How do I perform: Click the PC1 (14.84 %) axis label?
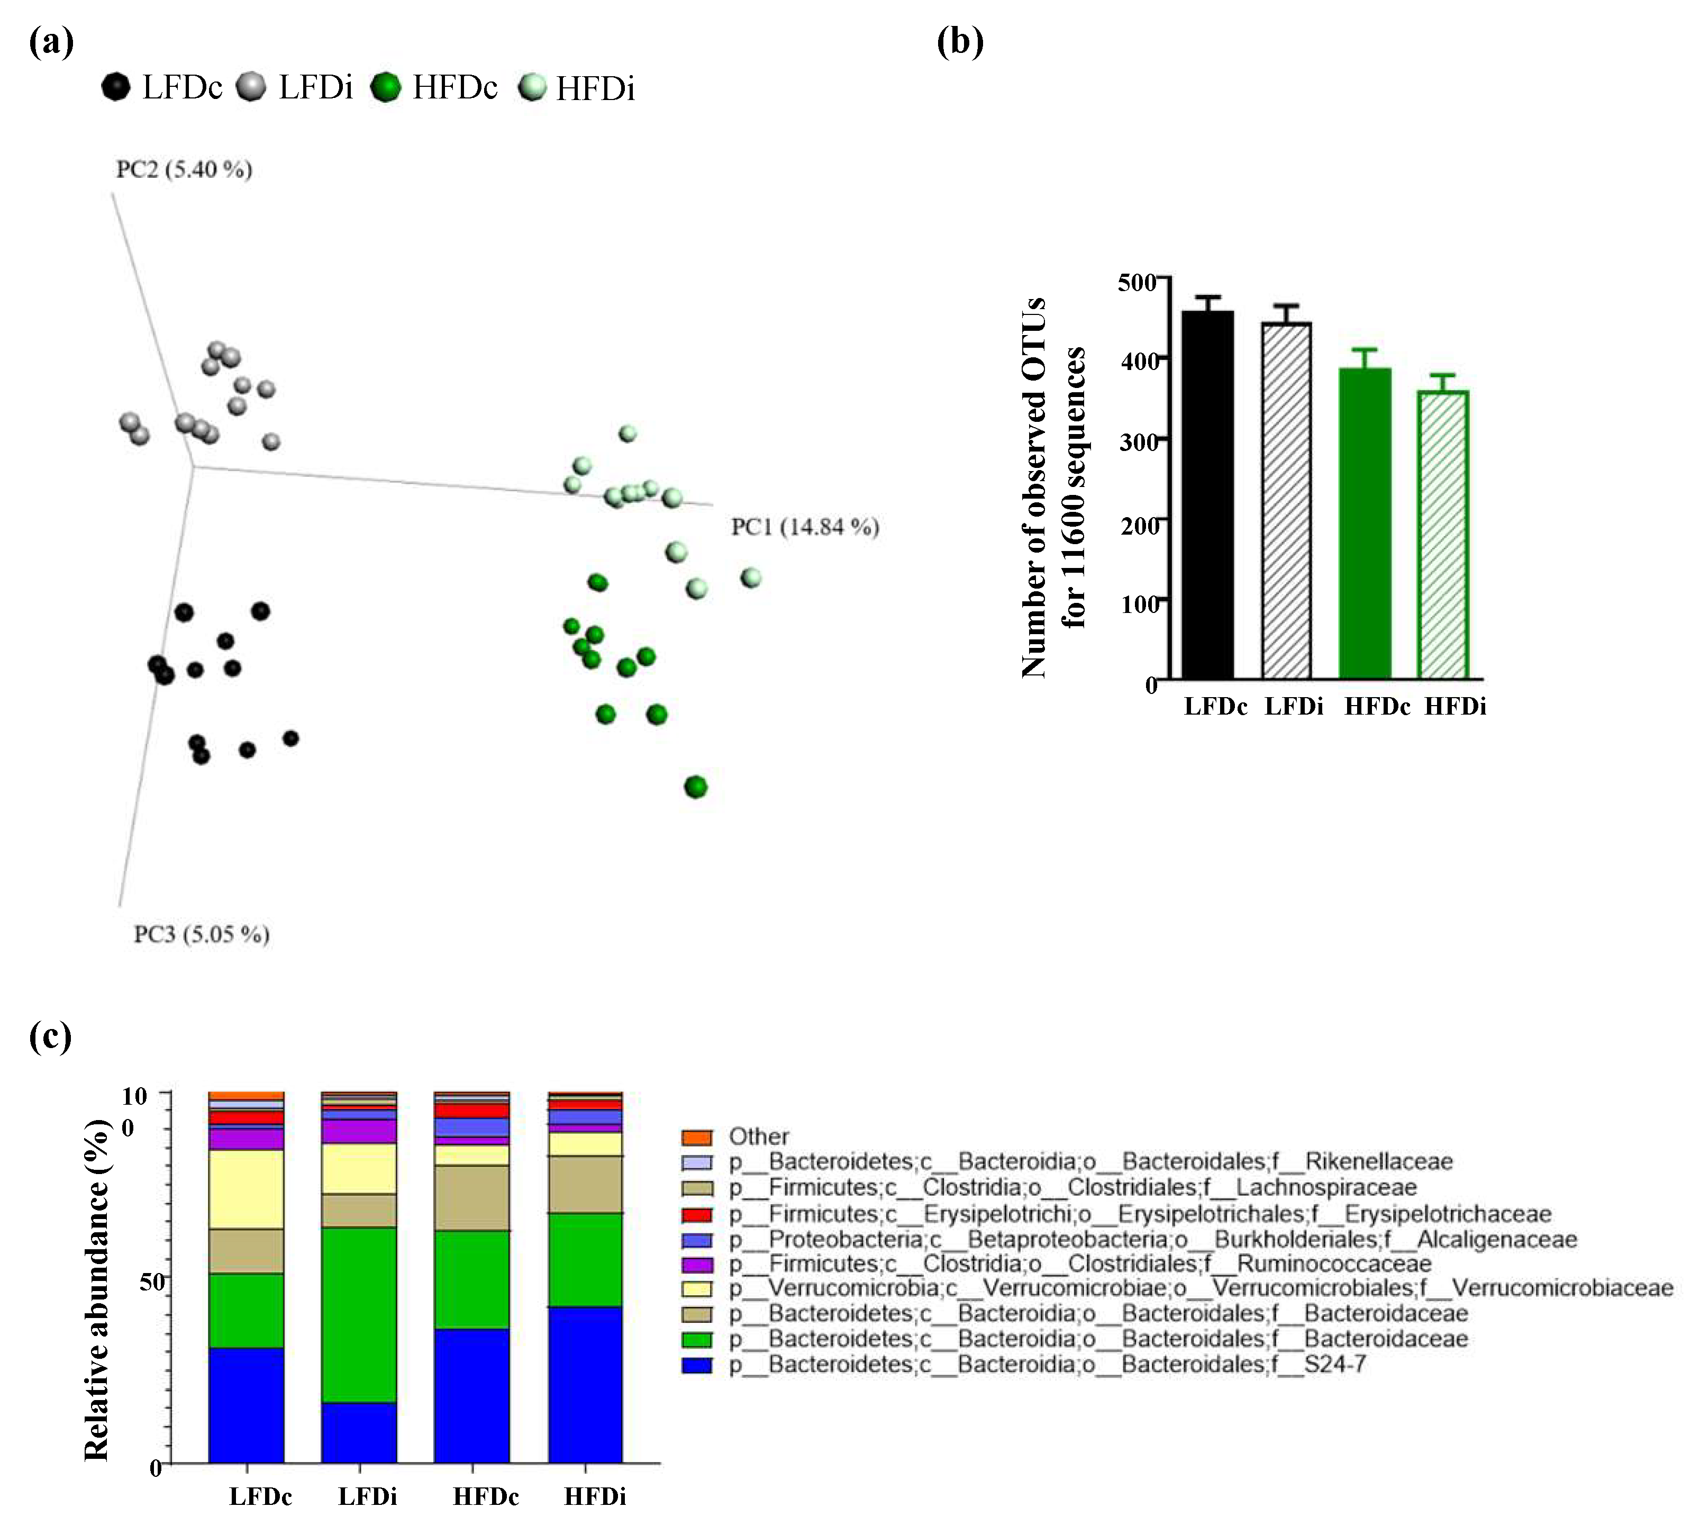pyautogui.click(x=804, y=527)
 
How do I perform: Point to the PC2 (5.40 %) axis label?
pyautogui.click(x=184, y=169)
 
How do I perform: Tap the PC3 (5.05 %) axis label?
pyautogui.click(x=201, y=934)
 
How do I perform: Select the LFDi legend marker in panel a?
pyautogui.click(x=251, y=86)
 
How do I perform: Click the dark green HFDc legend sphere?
pyautogui.click(x=386, y=86)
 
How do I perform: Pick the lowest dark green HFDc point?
pyautogui.click(x=695, y=787)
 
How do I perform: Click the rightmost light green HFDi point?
pyautogui.click(x=751, y=577)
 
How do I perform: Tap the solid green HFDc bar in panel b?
pyautogui.click(x=1365, y=525)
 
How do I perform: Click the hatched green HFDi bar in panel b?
pyautogui.click(x=1443, y=535)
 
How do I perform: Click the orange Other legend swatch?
pyautogui.click(x=696, y=1137)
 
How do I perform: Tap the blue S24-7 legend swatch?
pyautogui.click(x=696, y=1365)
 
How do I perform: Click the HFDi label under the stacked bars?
pyautogui.click(x=595, y=1497)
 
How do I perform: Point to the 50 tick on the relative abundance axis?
pyautogui.click(x=151, y=1282)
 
